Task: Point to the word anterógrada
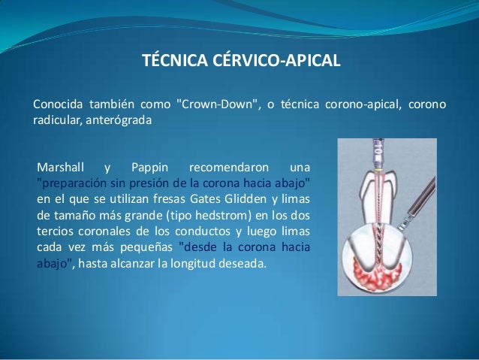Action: [x=120, y=120]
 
